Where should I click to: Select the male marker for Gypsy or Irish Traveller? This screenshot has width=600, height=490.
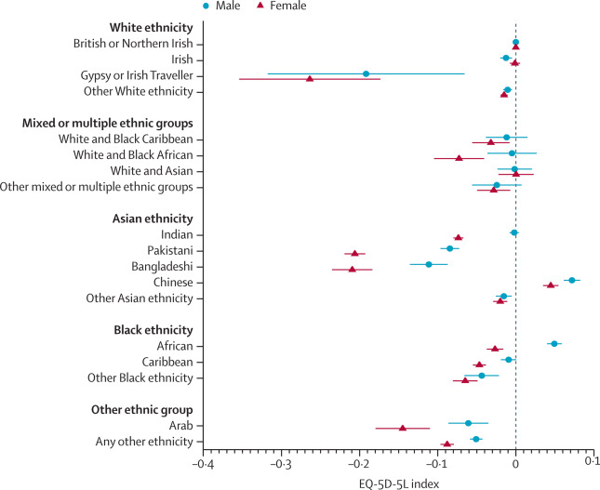[x=366, y=73]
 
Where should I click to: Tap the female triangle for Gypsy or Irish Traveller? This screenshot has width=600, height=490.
[x=310, y=79]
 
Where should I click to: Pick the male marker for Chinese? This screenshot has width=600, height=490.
[x=571, y=280]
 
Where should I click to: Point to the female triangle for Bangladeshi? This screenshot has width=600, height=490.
[x=352, y=270]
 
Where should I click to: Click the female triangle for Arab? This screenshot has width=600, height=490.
[x=403, y=428]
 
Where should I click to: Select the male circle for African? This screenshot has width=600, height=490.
[x=554, y=343]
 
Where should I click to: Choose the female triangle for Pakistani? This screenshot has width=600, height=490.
[x=354, y=253]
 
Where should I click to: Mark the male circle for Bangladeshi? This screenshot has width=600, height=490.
[x=429, y=264]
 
